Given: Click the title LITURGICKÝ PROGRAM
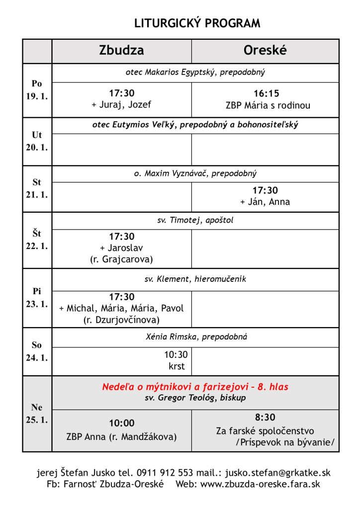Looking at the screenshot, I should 197,23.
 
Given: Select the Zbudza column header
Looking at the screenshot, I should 122,51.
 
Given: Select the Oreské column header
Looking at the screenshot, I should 265,51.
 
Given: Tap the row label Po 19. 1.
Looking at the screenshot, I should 37,90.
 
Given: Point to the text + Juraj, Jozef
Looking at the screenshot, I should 122,105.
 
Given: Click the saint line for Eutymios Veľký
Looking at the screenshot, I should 195,125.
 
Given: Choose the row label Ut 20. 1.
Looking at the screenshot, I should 37,141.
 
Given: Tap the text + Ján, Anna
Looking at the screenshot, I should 265,202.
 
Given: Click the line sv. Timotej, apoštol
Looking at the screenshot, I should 195,220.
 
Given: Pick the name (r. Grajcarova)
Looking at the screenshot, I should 122,259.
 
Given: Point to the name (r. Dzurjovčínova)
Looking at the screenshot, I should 122,320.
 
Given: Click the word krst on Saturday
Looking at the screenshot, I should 177,366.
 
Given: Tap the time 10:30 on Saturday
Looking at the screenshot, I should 176,355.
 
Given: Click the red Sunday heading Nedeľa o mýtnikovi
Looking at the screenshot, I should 195,387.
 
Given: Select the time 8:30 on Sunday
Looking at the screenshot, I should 265,418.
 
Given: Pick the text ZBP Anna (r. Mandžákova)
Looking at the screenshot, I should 122,437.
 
